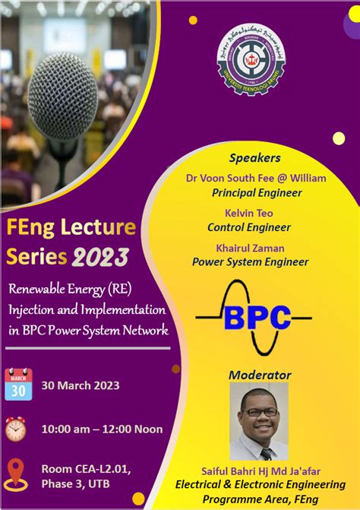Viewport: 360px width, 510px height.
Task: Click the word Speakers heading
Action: [254, 158]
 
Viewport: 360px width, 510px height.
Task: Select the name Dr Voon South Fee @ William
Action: [256, 178]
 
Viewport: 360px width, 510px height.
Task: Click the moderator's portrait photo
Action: [259, 421]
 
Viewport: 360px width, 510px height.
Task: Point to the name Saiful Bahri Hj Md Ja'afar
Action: [259, 470]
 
